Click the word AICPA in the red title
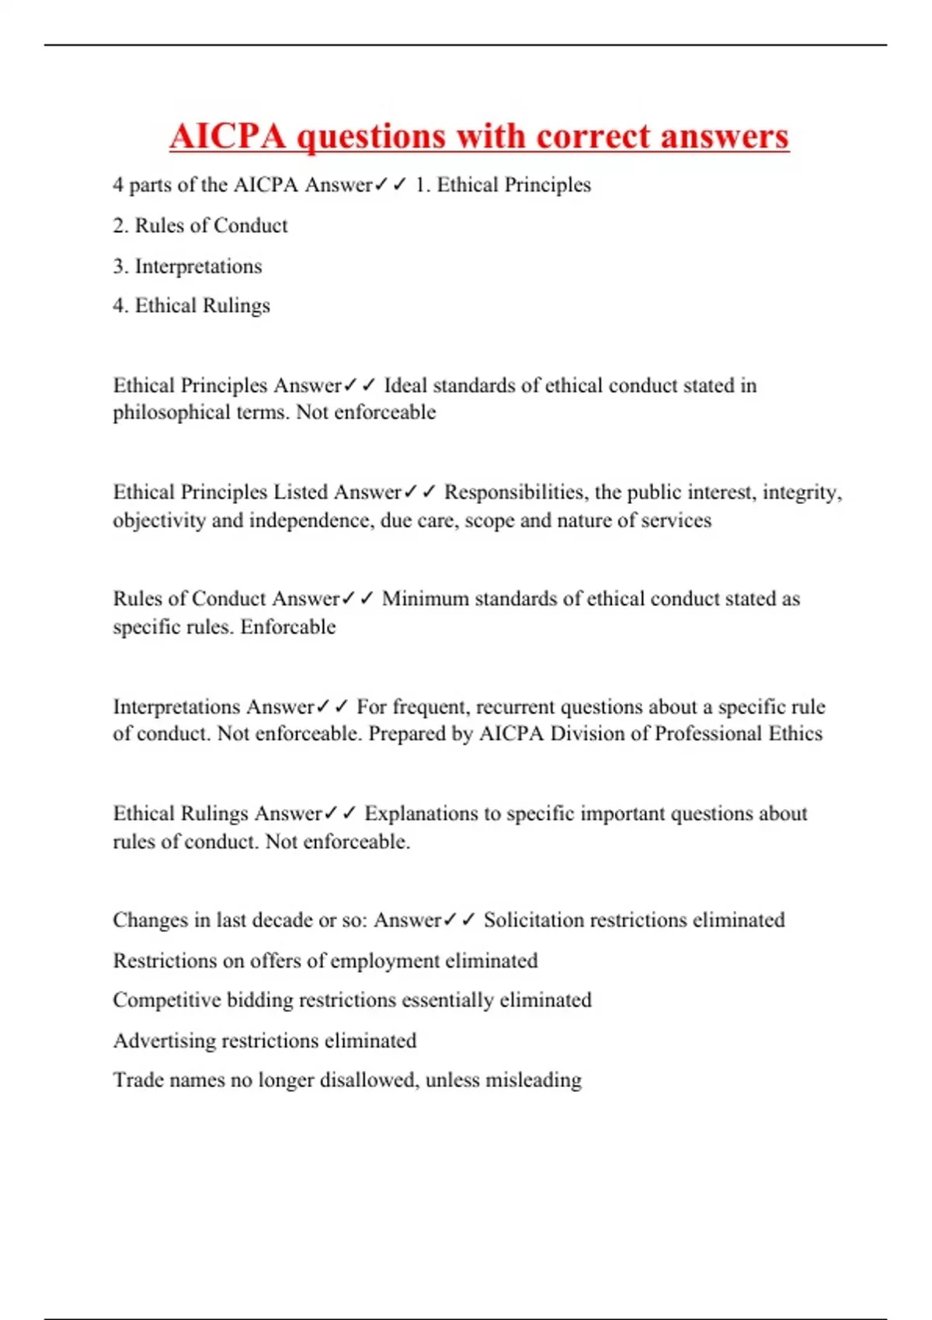(228, 136)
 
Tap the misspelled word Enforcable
(288, 627)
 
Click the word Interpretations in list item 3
(199, 266)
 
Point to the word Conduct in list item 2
(250, 225)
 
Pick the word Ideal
(405, 386)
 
